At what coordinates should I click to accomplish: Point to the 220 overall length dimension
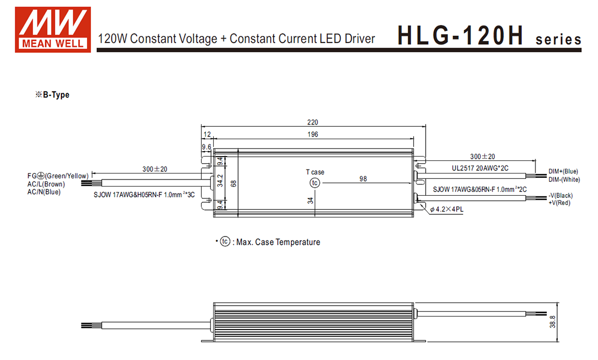click(313, 122)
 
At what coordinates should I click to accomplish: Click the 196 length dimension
click(313, 134)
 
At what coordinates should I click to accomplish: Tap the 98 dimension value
click(363, 178)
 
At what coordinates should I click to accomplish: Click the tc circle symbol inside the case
click(315, 183)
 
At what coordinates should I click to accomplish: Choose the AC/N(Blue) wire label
click(44, 192)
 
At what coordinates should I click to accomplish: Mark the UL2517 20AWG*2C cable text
click(481, 168)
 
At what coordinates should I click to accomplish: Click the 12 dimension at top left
click(207, 134)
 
